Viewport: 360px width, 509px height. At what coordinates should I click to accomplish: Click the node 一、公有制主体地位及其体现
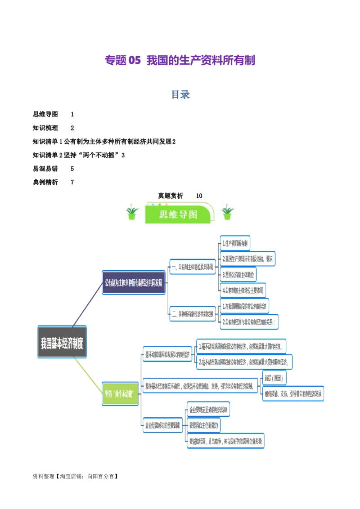[193, 267]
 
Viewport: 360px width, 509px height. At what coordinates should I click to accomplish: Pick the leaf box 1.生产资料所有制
[235, 243]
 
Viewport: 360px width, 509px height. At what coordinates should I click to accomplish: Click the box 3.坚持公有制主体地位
[238, 274]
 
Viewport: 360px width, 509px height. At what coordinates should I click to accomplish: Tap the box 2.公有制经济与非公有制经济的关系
[249, 322]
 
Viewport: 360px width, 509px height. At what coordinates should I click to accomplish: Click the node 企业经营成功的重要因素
[162, 424]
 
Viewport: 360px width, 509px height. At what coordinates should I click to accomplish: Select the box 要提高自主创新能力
[204, 424]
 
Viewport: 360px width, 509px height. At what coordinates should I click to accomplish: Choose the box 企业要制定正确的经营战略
[208, 410]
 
